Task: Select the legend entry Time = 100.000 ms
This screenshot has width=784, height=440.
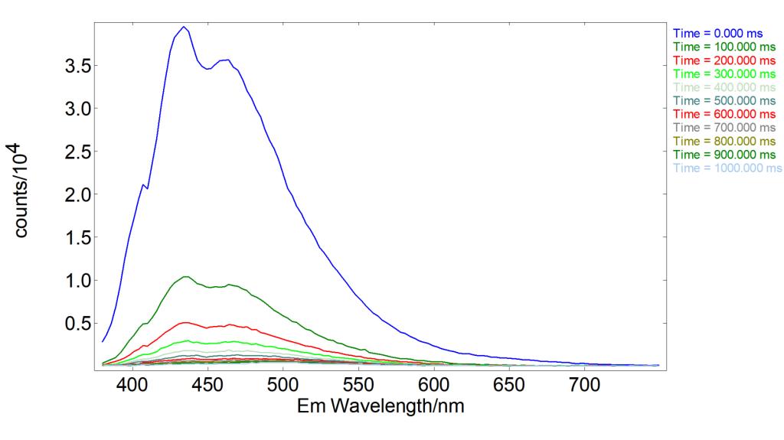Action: (x=726, y=47)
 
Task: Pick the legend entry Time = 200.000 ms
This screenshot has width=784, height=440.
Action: (x=726, y=60)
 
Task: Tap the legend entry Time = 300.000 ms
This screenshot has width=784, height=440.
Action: (x=726, y=73)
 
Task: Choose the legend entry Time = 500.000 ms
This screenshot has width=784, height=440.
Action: (x=726, y=100)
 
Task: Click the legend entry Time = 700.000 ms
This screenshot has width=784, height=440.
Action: (x=726, y=127)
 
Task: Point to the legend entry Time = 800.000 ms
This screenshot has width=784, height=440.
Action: (x=726, y=141)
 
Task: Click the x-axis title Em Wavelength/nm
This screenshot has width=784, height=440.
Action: (x=380, y=406)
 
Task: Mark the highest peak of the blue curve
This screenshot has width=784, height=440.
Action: (x=184, y=27)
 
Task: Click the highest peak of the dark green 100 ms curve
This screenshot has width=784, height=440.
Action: (x=185, y=276)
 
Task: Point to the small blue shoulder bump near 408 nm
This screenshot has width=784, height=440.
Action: (x=142, y=184)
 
